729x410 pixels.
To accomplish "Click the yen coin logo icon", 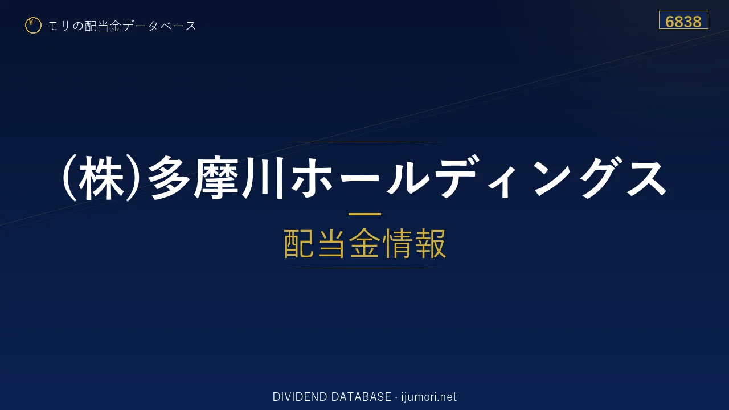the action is pyautogui.click(x=33, y=26).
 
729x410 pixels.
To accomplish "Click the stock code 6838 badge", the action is pyautogui.click(x=683, y=20).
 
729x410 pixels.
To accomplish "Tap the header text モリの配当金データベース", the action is pyautogui.click(x=122, y=26).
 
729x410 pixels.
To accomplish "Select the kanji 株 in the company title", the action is pyautogui.click(x=101, y=178).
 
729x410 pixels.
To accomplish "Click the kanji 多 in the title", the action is pyautogui.click(x=170, y=178).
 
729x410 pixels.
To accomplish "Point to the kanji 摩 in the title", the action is pyautogui.click(x=216, y=178).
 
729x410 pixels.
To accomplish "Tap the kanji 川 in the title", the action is pyautogui.click(x=263, y=178).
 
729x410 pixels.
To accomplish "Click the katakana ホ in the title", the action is pyautogui.click(x=312, y=178).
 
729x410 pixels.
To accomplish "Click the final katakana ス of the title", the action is pyautogui.click(x=646, y=178).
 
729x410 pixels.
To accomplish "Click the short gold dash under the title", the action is pyautogui.click(x=364, y=214).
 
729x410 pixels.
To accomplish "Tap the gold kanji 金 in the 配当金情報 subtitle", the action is pyautogui.click(x=365, y=243).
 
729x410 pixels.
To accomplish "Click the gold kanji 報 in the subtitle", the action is pyautogui.click(x=430, y=243).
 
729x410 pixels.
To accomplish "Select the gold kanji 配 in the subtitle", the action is pyautogui.click(x=300, y=243).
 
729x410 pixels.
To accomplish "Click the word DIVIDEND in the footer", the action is pyautogui.click(x=300, y=397).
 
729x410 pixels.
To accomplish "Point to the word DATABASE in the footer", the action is pyautogui.click(x=361, y=397).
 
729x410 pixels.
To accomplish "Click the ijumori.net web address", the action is pyautogui.click(x=429, y=397).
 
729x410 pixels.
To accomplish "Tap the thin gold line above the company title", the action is pyautogui.click(x=364, y=142).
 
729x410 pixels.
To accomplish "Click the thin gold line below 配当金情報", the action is pyautogui.click(x=364, y=268).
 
